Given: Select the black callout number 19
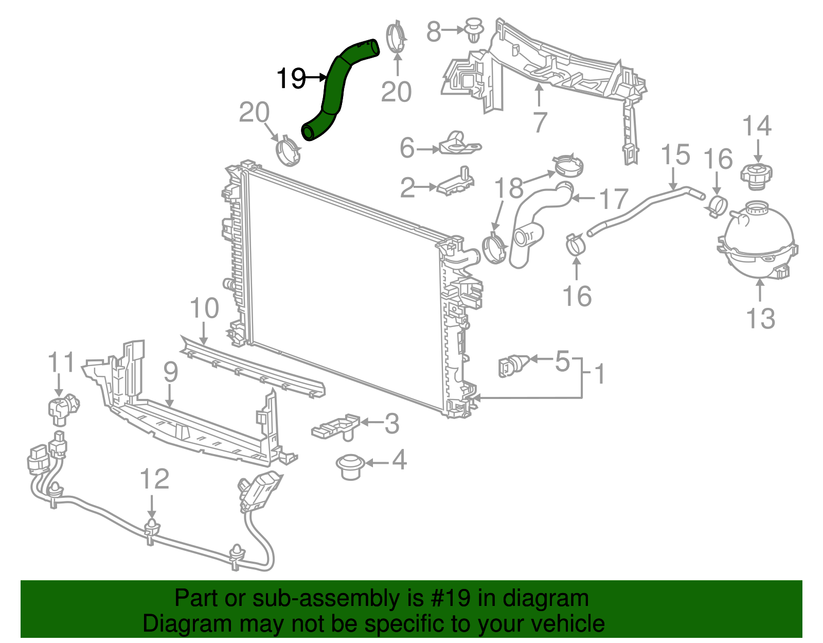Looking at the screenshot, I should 291,78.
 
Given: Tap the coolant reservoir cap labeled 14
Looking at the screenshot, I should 757,175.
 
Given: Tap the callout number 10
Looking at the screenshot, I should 204,308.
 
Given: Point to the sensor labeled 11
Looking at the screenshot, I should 63,409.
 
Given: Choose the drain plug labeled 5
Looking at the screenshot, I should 511,366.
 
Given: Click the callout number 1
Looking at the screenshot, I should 599,374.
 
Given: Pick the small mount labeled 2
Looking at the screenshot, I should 456,183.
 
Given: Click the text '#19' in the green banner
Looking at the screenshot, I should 448,598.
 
